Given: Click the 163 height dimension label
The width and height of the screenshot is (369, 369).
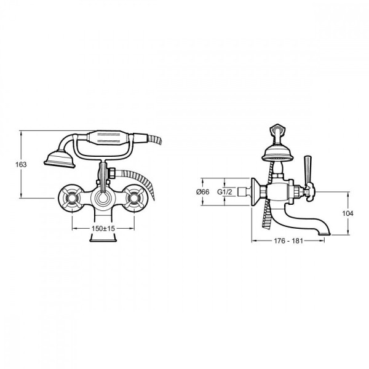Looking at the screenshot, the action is pos(21,164).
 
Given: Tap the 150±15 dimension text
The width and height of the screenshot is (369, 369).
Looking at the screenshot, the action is pos(103,228).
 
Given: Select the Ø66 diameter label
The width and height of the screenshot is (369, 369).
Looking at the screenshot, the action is pos(202,192).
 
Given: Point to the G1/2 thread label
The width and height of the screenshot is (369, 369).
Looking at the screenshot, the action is pos(224,192).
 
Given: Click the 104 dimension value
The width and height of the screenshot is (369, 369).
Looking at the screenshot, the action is pos(347,213).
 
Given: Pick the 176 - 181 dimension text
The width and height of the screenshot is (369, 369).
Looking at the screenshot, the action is pos(288,241).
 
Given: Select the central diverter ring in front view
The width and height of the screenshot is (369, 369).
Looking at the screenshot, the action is pos(103,197).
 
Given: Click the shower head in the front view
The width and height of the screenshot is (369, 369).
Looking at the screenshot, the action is pos(60,159).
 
